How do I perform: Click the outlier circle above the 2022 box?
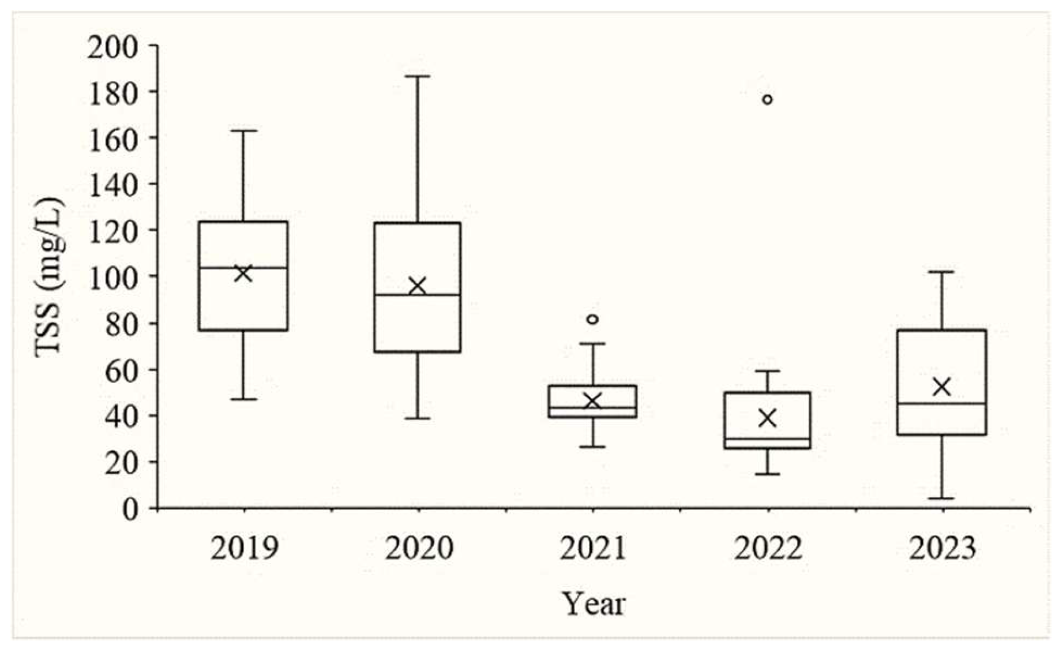click(x=767, y=99)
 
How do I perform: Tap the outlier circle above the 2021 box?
click(x=592, y=319)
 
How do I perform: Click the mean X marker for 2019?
click(x=243, y=273)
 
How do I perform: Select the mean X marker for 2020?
click(x=417, y=286)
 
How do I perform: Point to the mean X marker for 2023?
click(x=941, y=387)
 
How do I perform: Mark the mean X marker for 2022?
click(x=767, y=418)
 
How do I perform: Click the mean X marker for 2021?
click(x=592, y=400)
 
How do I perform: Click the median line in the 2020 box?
click(x=417, y=295)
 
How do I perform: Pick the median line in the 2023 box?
click(x=941, y=403)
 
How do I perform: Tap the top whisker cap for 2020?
click(x=417, y=76)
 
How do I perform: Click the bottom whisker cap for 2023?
click(x=941, y=498)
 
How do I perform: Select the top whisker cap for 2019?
click(x=243, y=130)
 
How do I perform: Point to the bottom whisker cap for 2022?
click(x=767, y=474)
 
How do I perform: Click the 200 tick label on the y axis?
click(x=112, y=47)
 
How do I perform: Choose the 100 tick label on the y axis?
click(x=112, y=277)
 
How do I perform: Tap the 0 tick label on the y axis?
click(x=130, y=509)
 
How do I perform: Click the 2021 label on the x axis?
click(x=592, y=548)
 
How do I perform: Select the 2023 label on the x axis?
click(x=942, y=548)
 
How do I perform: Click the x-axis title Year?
click(x=594, y=604)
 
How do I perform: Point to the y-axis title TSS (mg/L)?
click(x=50, y=277)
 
